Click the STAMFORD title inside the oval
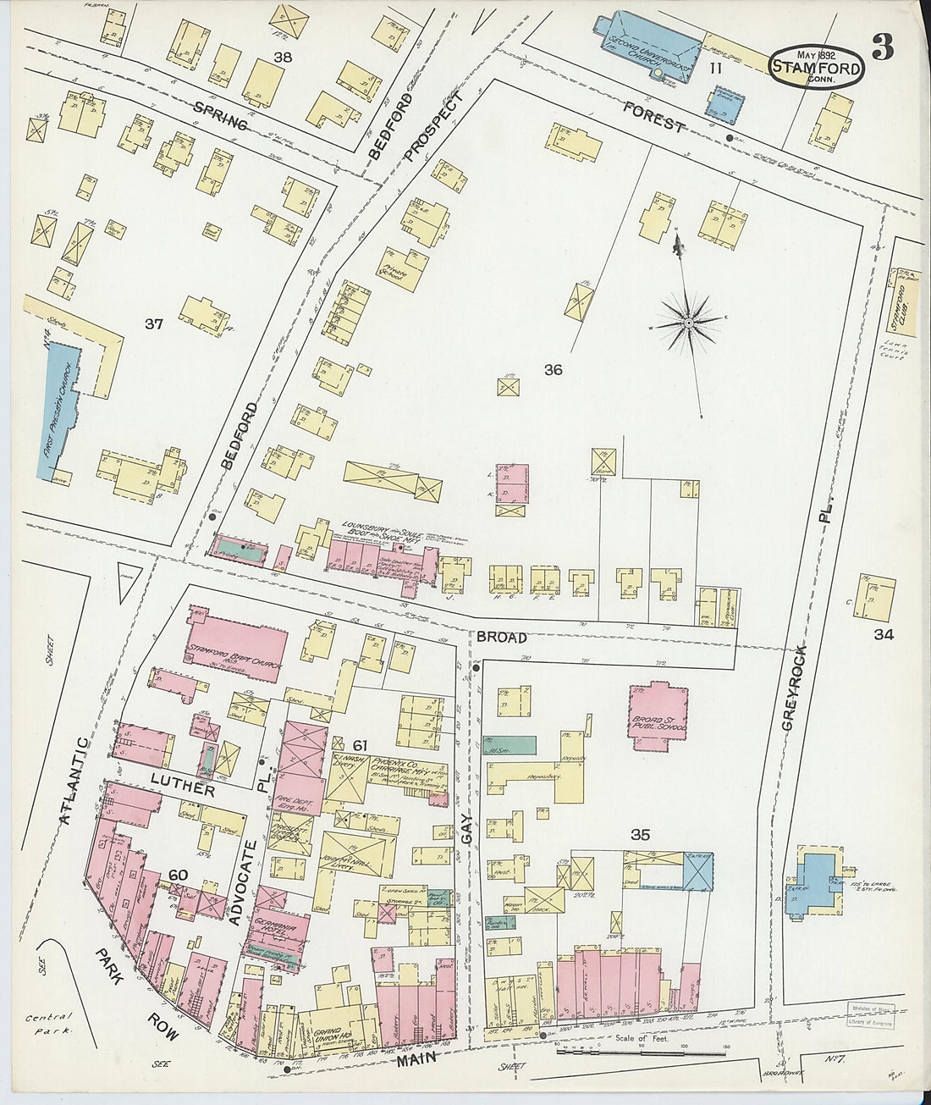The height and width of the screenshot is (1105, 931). [816, 69]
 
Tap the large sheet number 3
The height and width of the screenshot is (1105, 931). [882, 48]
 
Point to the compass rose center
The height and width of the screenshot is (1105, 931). [689, 323]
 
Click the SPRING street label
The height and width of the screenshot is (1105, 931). [220, 116]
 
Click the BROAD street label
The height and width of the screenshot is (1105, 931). [501, 637]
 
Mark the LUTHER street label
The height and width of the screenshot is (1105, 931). [182, 784]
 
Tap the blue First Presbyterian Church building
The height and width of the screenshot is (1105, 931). [59, 412]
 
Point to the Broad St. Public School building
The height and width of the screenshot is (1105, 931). [658, 716]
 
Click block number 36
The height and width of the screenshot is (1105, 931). [553, 369]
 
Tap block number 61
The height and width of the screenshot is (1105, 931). [360, 745]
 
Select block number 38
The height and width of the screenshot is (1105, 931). [283, 57]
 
